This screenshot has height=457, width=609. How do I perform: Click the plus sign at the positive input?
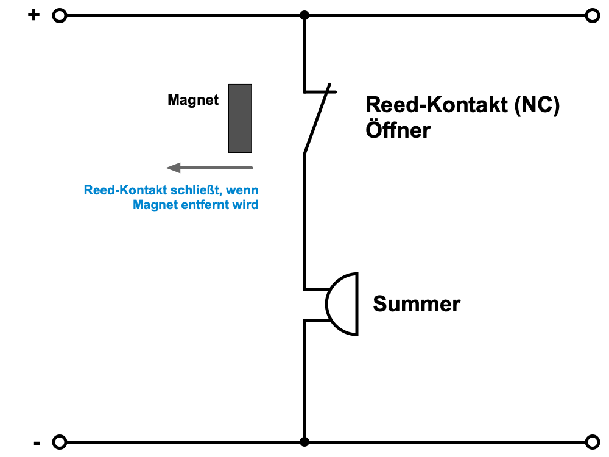[x=33, y=15]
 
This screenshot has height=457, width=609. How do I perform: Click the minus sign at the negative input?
[x=37, y=443]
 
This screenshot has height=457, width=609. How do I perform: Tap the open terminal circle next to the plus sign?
[x=59, y=16]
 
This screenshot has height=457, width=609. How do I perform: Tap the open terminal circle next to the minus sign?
[x=59, y=442]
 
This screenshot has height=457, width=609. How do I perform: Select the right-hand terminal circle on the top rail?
[x=592, y=16]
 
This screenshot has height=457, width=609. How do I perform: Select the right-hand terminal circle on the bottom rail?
[x=592, y=442]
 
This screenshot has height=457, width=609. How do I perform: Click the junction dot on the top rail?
[x=304, y=16]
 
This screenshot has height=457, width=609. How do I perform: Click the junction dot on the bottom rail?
[x=304, y=442]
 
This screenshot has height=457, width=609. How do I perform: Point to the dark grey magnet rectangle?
[x=240, y=118]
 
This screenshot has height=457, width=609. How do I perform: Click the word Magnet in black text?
[x=193, y=101]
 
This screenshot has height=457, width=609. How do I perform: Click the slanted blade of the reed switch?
[x=318, y=120]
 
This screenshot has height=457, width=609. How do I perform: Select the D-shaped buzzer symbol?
[x=342, y=303]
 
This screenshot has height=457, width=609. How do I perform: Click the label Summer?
[x=417, y=303]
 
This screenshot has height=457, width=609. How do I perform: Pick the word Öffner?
[x=398, y=130]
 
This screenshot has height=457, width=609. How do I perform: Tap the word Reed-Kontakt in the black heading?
[x=436, y=105]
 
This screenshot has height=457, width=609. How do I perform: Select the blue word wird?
[x=246, y=205]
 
